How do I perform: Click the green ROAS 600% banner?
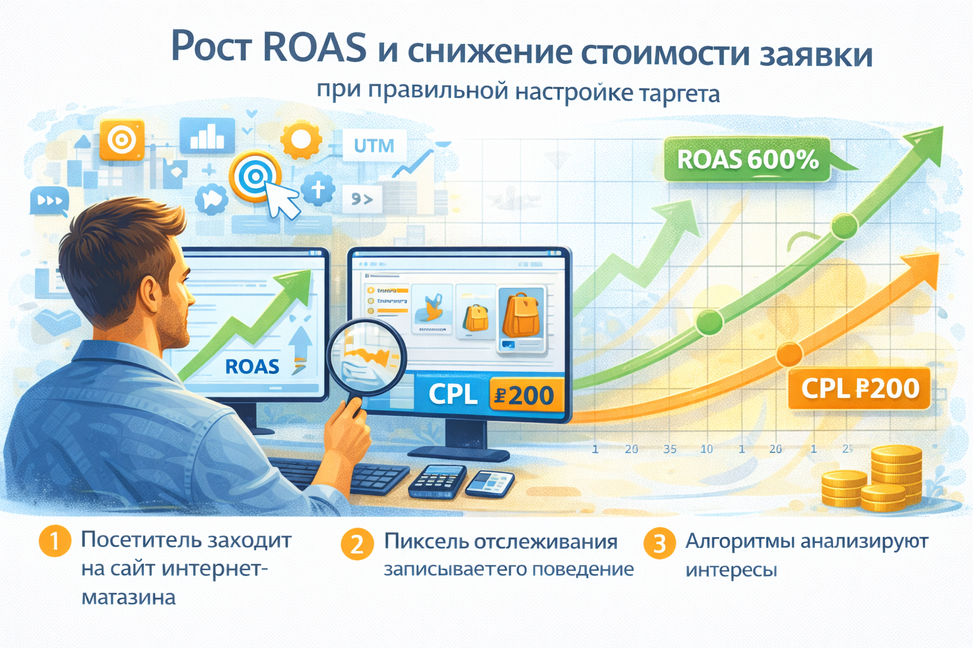tap(747, 159)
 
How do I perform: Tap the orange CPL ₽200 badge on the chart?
tap(859, 388)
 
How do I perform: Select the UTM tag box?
tap(374, 146)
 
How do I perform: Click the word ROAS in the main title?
tap(314, 48)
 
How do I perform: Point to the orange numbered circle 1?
tap(54, 542)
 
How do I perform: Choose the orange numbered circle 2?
tap(357, 544)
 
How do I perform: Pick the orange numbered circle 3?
tap(659, 544)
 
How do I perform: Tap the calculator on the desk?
tap(436, 482)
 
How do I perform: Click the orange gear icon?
tap(300, 140)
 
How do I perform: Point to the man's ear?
tap(151, 297)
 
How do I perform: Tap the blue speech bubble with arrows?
tap(49, 201)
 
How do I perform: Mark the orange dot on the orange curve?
tap(789, 354)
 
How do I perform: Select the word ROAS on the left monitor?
tap(252, 366)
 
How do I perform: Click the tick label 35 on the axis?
tap(670, 449)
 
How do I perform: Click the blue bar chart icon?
tap(207, 135)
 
